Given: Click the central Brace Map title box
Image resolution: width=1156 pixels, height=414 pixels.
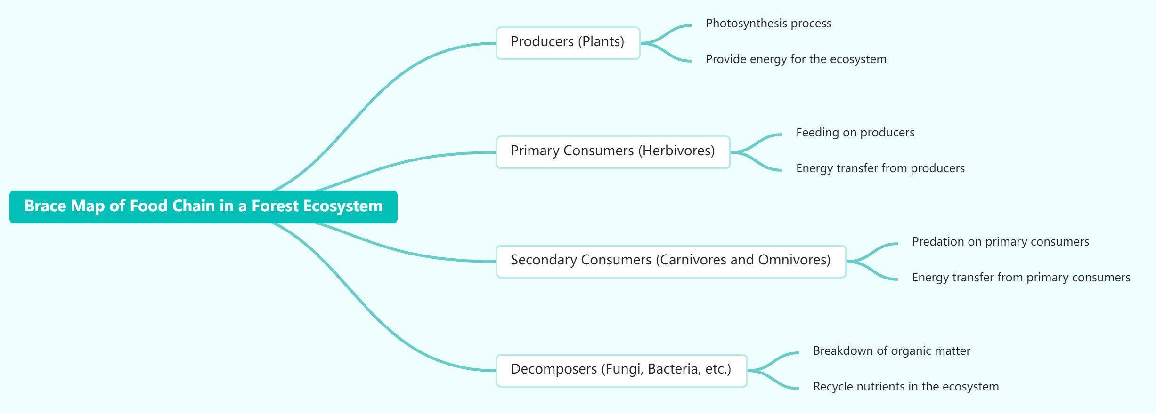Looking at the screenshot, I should click(203, 207).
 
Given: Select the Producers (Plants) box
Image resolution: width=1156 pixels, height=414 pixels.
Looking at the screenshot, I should click(568, 43).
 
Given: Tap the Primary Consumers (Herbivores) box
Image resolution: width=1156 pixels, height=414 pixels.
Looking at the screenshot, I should click(612, 152).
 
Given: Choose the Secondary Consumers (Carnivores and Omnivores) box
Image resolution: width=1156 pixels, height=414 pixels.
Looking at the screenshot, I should click(670, 261).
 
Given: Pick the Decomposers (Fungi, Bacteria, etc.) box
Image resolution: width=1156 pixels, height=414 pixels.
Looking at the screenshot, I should click(621, 370).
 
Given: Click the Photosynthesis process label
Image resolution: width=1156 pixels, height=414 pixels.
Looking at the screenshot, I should click(768, 24).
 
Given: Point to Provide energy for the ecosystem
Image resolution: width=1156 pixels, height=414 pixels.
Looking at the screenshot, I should click(796, 59).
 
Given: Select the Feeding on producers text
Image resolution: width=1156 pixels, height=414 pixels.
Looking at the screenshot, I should click(855, 133).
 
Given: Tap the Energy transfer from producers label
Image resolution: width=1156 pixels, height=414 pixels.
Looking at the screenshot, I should click(880, 168).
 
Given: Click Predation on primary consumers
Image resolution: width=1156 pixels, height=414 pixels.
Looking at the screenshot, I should click(1000, 242).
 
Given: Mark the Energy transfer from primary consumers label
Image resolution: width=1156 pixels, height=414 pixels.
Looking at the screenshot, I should click(1021, 278).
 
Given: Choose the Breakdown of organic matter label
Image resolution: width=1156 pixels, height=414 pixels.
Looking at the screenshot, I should click(891, 351).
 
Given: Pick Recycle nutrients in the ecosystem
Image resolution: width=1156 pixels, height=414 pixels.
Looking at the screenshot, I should click(905, 387).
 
